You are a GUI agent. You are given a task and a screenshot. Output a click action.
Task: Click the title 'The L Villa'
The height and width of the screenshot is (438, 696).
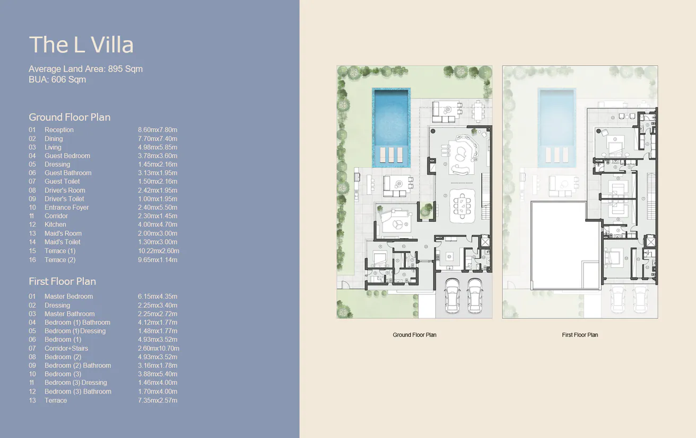tap(81, 45)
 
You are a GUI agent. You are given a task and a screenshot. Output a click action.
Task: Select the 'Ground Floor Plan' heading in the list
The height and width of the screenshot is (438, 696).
tap(69, 117)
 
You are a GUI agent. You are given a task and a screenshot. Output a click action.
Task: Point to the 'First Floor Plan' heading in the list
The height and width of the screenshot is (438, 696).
tap(62, 281)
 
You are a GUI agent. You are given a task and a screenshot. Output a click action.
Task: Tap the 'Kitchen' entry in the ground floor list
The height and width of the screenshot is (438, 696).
tap(55, 225)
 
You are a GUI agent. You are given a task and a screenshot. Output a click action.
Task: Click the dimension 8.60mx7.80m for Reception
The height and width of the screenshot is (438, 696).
tap(158, 130)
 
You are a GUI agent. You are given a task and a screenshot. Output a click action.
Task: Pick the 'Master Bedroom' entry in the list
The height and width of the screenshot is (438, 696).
tap(68, 297)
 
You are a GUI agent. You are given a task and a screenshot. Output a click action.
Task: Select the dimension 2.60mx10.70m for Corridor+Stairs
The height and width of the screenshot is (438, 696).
tap(159, 348)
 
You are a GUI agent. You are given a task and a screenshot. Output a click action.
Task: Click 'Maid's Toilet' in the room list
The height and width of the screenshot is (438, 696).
tap(63, 242)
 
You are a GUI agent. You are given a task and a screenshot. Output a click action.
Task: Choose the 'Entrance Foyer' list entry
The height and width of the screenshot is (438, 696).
tap(66, 208)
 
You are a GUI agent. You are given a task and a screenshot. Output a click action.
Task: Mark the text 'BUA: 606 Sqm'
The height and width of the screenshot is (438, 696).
tap(57, 79)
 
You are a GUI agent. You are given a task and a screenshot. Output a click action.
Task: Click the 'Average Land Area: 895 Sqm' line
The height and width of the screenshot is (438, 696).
tap(85, 69)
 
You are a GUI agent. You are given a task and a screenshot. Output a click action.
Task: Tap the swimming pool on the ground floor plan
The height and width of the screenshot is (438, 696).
tap(391, 117)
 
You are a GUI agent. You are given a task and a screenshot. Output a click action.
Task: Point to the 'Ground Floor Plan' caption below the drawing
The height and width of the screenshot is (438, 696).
tap(414, 335)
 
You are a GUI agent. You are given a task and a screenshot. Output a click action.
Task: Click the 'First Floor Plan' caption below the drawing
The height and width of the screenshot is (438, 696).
tap(580, 335)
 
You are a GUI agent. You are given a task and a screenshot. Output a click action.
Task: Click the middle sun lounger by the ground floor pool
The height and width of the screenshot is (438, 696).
tap(391, 155)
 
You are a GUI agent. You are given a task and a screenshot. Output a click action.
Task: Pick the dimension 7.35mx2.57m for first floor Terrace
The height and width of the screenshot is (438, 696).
tap(158, 400)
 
